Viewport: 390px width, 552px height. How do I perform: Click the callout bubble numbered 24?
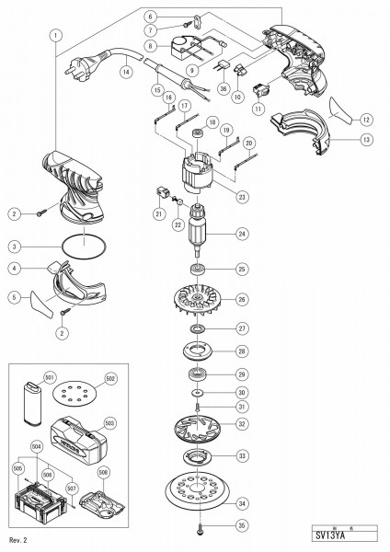point(241,233)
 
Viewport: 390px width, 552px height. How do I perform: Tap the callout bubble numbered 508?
point(103,474)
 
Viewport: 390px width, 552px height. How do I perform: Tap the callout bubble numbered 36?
point(223,89)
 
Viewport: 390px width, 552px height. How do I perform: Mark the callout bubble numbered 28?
point(241,351)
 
